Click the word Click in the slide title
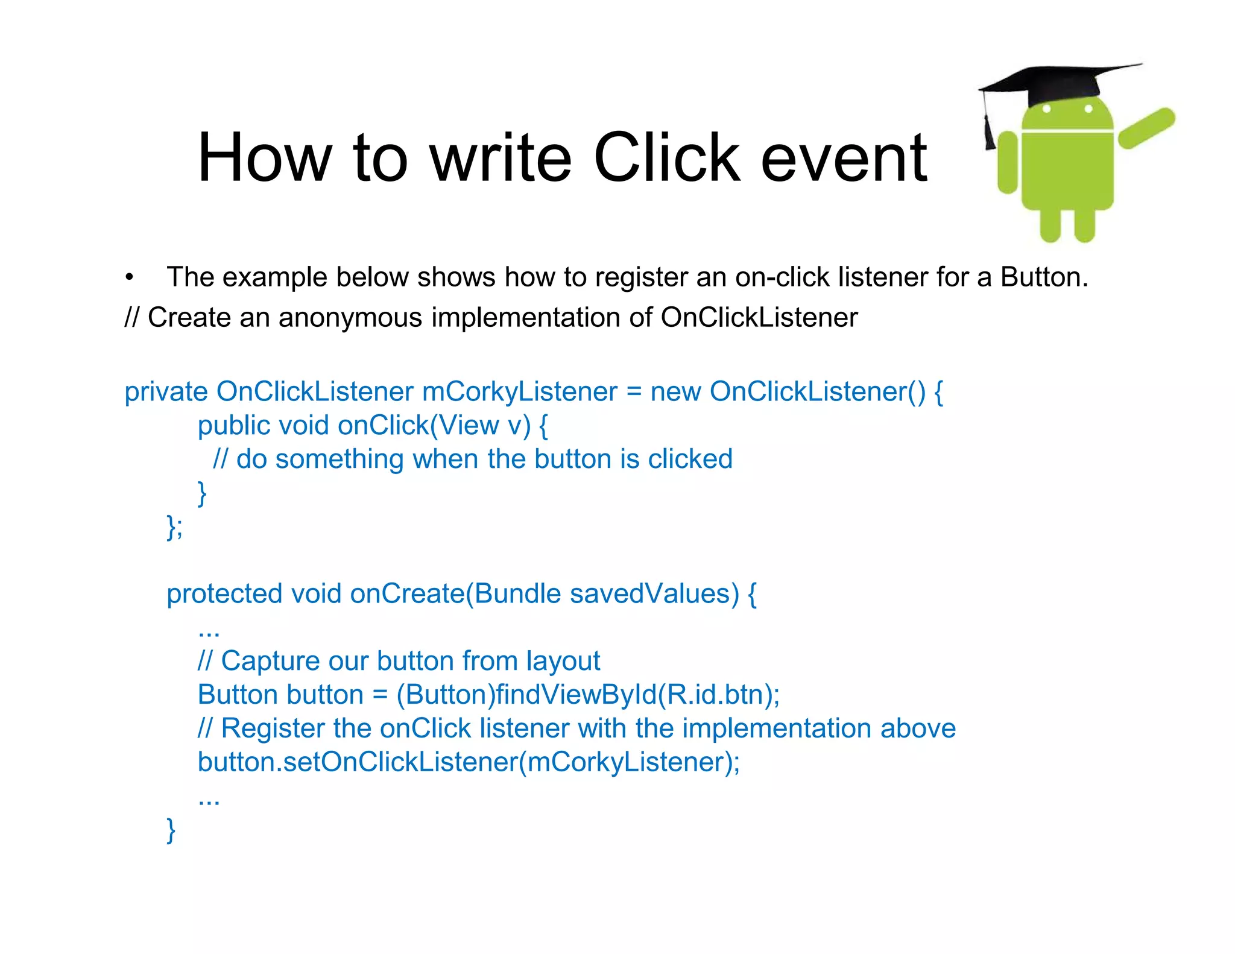click(x=666, y=158)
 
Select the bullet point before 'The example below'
click(x=129, y=278)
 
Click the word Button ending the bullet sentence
click(x=1043, y=277)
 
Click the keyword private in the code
click(x=166, y=392)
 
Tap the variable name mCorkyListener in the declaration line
click(x=519, y=392)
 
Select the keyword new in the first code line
click(x=675, y=392)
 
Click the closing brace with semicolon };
click(x=174, y=527)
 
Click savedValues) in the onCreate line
click(x=654, y=594)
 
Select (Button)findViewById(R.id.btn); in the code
click(x=588, y=695)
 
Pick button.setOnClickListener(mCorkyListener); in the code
click(x=469, y=762)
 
